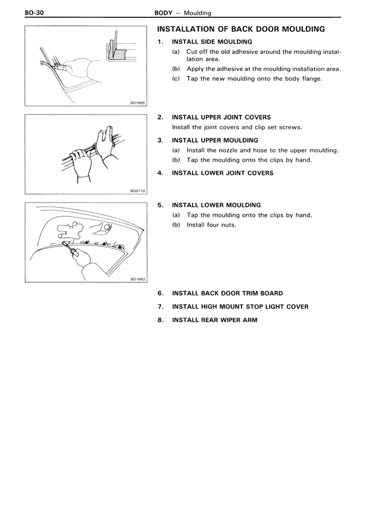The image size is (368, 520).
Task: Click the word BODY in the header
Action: tap(165, 12)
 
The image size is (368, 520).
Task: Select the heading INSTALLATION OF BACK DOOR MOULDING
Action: tap(241, 29)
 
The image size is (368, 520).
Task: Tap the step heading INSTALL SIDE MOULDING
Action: tap(212, 41)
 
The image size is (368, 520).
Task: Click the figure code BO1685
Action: tap(138, 103)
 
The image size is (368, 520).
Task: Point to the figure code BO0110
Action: tap(138, 192)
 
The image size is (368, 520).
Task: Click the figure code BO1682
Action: tap(138, 279)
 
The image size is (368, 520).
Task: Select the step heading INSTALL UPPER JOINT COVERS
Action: tap(221, 117)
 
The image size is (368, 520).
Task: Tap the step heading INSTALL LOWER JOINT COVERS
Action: tap(223, 173)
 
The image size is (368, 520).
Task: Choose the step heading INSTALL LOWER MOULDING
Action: tap(216, 205)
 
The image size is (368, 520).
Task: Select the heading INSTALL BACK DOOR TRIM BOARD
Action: tap(227, 293)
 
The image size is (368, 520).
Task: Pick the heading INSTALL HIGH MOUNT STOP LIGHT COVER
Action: tap(240, 307)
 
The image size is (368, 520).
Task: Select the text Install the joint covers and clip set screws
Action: tap(237, 127)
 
